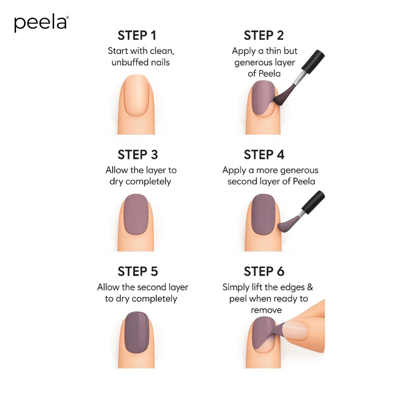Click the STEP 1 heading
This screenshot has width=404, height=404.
(x=137, y=36)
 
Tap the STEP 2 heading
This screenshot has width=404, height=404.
(x=264, y=36)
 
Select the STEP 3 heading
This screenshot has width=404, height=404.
(x=138, y=154)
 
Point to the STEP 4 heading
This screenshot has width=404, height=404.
(x=264, y=154)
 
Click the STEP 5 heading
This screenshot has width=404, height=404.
(x=138, y=271)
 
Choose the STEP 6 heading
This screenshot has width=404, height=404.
(x=264, y=271)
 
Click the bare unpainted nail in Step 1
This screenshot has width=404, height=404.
(x=136, y=95)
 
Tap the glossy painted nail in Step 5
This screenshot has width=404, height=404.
(x=137, y=332)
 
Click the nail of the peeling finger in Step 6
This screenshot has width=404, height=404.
(x=295, y=330)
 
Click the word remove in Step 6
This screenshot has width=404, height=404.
(x=266, y=310)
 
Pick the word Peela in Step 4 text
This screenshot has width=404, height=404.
(x=304, y=182)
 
